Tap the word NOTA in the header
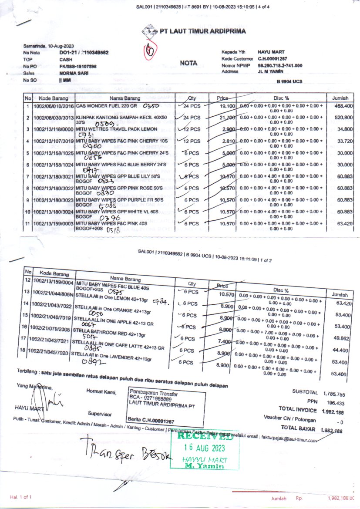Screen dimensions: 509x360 188,63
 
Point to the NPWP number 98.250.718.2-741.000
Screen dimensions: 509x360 280,65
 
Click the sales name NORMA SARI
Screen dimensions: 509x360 72,74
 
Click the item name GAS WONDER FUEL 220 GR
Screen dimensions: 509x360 107,106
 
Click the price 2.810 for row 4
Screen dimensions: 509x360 229,142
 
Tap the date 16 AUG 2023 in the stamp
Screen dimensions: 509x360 204,448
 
